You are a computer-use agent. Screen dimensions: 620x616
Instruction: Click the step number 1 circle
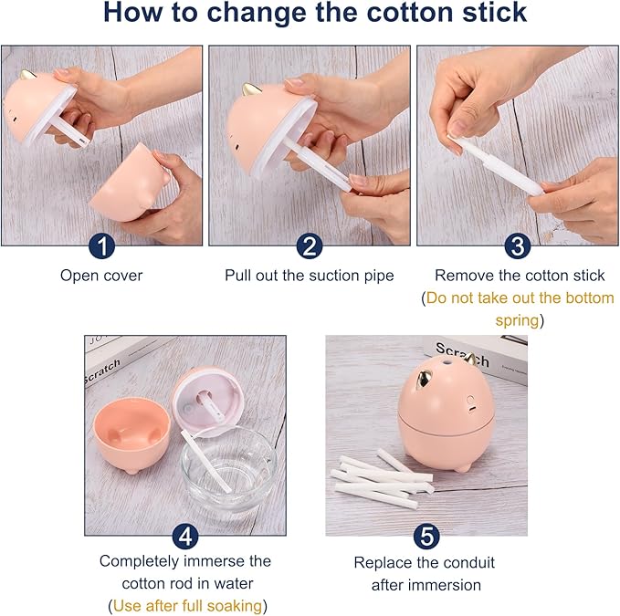102,245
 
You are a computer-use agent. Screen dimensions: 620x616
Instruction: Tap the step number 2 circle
310,245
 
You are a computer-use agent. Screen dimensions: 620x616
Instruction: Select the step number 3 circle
518,245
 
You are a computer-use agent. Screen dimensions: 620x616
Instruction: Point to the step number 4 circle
185,537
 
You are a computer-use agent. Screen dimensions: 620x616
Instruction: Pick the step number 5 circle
426,537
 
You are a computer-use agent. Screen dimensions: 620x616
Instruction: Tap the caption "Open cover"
101,276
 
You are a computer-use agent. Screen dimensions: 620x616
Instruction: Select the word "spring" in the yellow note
518,320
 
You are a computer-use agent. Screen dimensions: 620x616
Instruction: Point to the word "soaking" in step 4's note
234,606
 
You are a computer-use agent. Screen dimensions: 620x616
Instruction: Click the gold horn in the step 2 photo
250,89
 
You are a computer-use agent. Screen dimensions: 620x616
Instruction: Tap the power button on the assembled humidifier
470,399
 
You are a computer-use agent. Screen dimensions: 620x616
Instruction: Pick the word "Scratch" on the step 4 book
102,371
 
